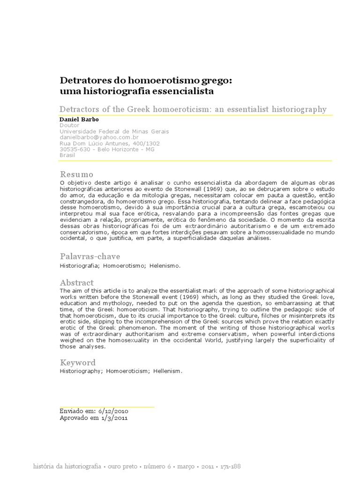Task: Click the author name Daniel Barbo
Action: [x=77, y=120]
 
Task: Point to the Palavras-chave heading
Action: [x=90, y=256]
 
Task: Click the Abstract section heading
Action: [x=77, y=283]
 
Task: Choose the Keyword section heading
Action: [x=78, y=362]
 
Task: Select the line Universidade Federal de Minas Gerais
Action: [x=114, y=132]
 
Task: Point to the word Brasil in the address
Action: [x=68, y=155]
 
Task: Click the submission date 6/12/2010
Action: [x=109, y=411]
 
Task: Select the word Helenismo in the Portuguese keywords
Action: [x=165, y=265]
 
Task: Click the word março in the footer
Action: [x=186, y=467]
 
